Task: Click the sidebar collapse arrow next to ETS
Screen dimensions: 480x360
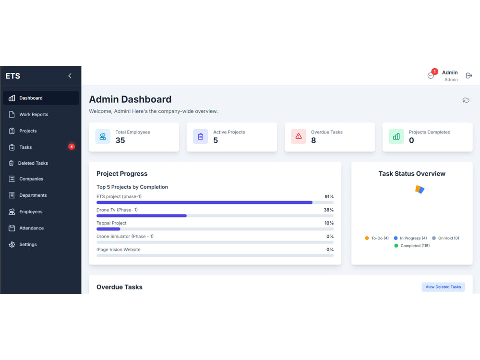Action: (x=70, y=76)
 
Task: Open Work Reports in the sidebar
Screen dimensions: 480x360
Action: (x=34, y=115)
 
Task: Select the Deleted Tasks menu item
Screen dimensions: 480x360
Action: (x=33, y=163)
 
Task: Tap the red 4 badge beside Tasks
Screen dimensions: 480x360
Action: (x=72, y=147)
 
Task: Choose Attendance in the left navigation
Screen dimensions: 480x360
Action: (x=32, y=228)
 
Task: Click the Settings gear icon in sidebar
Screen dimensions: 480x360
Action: (x=12, y=245)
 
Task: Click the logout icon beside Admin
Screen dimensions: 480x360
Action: (x=468, y=76)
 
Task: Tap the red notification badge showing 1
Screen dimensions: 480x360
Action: (x=434, y=72)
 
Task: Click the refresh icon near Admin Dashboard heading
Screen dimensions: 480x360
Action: (x=466, y=100)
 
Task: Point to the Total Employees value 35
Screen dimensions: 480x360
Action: (x=120, y=140)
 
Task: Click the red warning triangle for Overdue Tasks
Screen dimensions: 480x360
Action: (x=299, y=136)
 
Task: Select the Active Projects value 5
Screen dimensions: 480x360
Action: (x=216, y=140)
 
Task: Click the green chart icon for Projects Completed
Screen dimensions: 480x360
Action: (x=396, y=136)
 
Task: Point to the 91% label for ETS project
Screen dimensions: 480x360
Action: (x=329, y=196)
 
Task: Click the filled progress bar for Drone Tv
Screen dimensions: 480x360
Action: (x=142, y=216)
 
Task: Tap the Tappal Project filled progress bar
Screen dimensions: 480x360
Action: (x=108, y=229)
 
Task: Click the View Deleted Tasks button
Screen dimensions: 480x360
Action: (x=443, y=287)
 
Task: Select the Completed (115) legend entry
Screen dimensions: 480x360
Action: (x=412, y=246)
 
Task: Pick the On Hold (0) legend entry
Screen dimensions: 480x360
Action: (x=445, y=238)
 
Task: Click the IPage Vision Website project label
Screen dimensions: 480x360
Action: (x=119, y=250)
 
